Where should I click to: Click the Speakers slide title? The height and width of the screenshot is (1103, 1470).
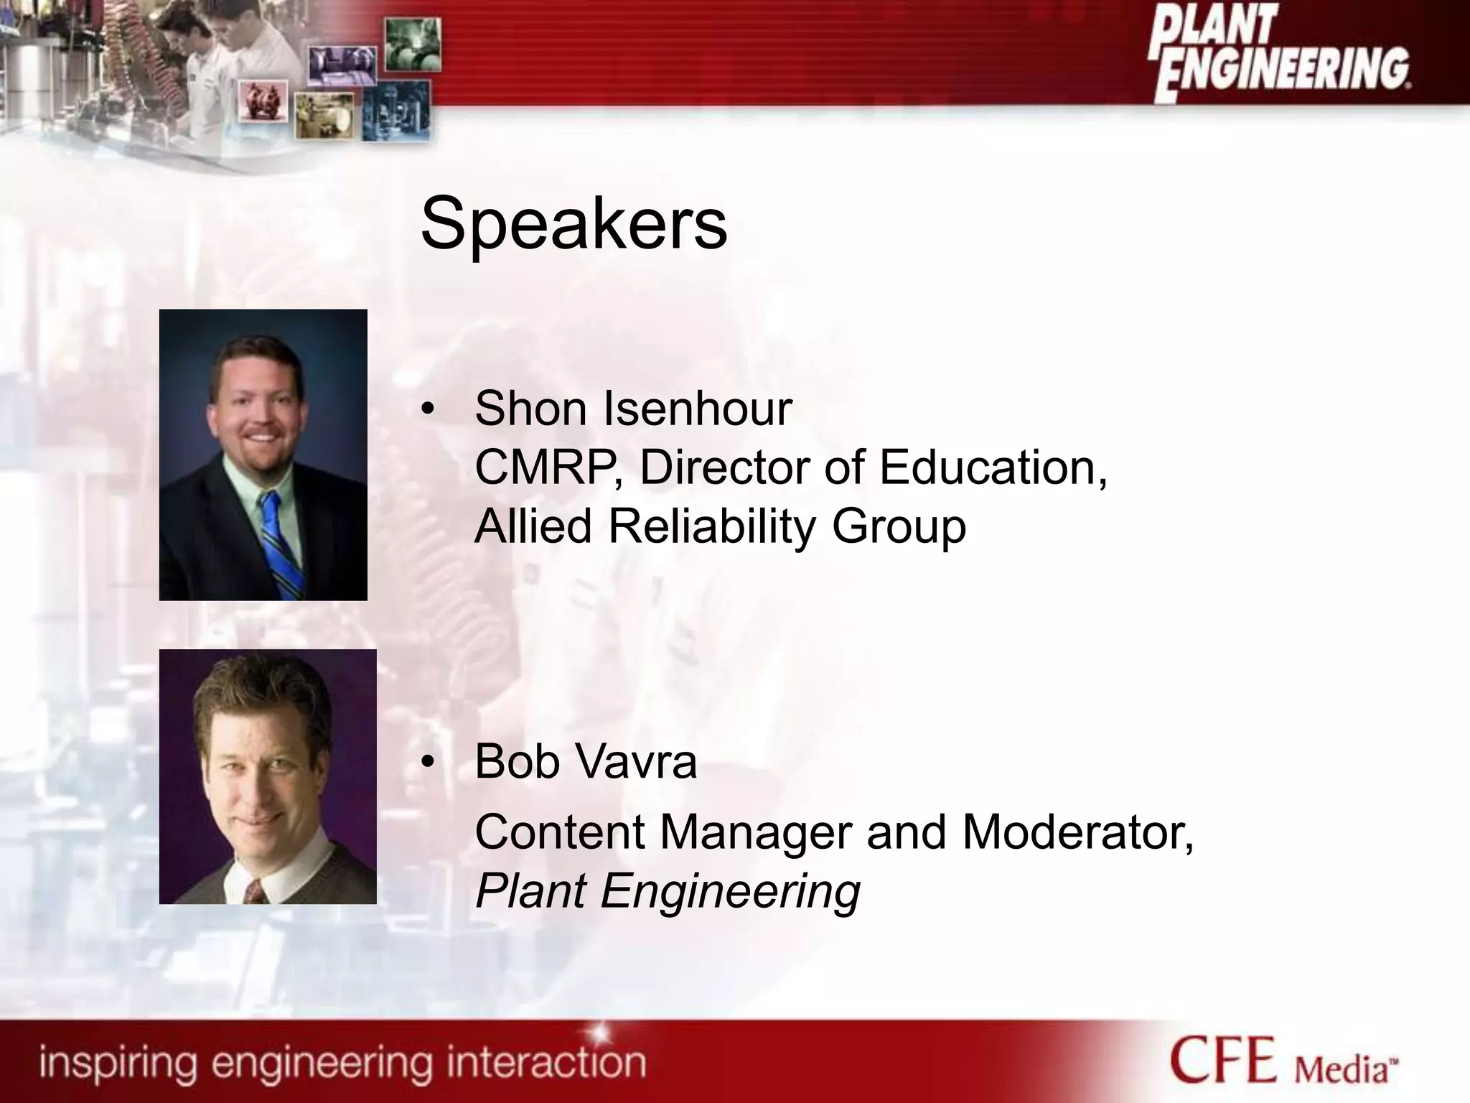pos(574,224)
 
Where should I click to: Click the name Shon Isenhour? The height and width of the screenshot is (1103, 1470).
pos(633,409)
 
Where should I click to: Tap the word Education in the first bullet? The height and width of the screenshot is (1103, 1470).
pos(993,467)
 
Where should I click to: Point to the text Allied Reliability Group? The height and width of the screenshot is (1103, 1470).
pos(720,526)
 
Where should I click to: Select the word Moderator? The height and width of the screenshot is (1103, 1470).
pos(1077,832)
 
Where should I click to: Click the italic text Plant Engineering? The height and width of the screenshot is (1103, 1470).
pos(668,891)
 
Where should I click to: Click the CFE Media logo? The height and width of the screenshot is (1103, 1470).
pos(1284,1060)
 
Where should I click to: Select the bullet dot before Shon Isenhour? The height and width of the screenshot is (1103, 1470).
pos(428,410)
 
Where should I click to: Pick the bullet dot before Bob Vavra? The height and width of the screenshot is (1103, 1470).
pos(428,763)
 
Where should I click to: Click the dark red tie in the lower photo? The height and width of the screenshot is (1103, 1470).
pos(254,893)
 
